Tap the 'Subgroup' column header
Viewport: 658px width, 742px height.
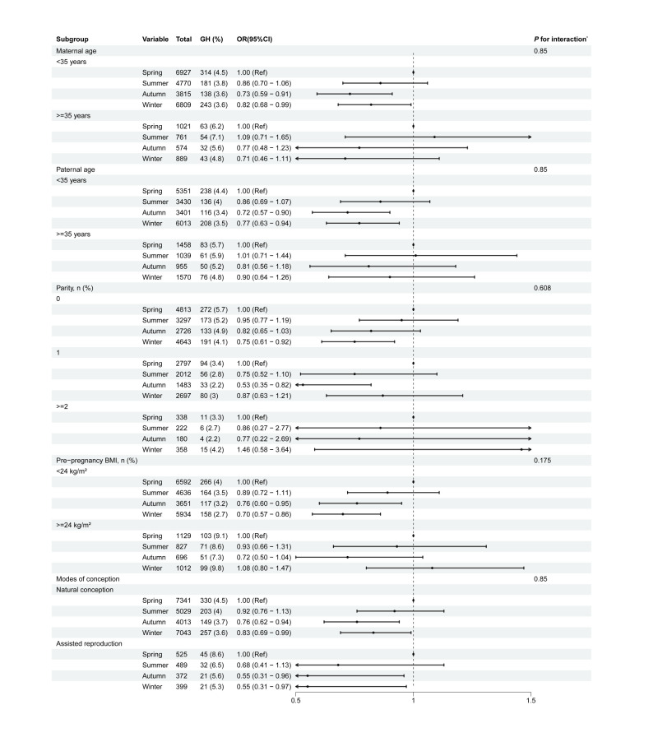click(x=73, y=40)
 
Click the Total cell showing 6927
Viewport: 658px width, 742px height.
click(x=184, y=72)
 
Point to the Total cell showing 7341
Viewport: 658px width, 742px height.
click(x=184, y=601)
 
